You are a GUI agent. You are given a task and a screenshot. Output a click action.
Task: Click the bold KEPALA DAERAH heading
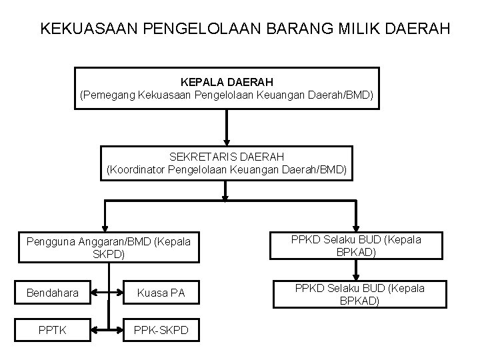[227, 83]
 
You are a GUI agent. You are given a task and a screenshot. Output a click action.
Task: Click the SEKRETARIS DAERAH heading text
[227, 156]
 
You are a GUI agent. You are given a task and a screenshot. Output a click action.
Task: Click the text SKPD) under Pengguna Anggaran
[109, 255]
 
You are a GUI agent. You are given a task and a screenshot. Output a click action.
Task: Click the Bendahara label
[52, 292]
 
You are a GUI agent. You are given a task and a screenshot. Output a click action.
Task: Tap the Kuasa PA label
[160, 292]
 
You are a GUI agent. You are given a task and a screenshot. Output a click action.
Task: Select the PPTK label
[52, 329]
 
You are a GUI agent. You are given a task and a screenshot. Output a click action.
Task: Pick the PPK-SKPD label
[160, 329]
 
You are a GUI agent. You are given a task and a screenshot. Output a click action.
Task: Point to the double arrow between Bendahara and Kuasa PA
[107, 292]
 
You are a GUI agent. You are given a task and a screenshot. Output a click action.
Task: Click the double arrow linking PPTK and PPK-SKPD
[107, 329]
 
